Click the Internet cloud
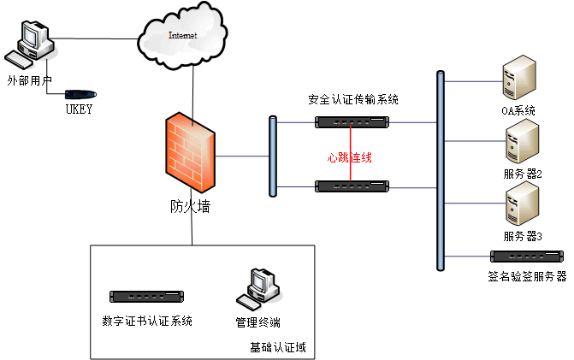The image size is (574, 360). coord(182,36)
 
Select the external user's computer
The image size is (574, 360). coord(30,44)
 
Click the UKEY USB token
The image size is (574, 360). coord(80,94)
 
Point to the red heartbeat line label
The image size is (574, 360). coord(349,157)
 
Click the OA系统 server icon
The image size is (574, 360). coord(519,77)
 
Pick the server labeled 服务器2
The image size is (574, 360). coord(522,141)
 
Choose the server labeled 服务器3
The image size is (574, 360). coord(522,204)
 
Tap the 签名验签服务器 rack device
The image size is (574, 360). coord(526,256)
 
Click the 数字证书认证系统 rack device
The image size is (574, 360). coord(146,297)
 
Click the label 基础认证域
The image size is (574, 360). coord(278,347)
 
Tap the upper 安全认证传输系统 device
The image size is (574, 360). coord(352,122)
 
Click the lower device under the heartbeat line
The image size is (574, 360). coord(352,186)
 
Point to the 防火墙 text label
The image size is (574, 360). coord(190,207)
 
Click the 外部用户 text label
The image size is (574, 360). coord(30,80)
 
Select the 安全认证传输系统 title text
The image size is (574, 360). coord(353,99)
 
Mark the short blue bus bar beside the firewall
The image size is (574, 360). coord(273,156)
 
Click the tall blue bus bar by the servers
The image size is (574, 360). coord(441,171)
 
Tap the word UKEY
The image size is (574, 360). coord(79,109)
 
